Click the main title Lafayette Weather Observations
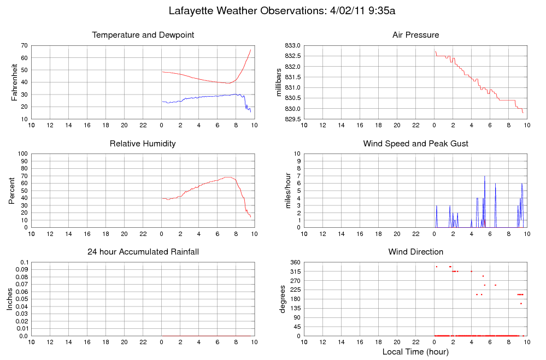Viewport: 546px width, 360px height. (x=281, y=11)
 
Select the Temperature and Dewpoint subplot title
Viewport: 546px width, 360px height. (x=143, y=35)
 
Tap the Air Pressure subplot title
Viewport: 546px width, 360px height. (x=415, y=35)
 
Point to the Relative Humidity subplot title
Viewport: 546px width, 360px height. (x=143, y=144)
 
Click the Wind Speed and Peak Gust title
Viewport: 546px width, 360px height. (x=415, y=144)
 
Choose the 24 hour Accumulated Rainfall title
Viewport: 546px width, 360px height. (x=143, y=252)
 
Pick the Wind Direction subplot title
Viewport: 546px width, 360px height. (x=415, y=252)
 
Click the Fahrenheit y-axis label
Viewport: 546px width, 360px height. (x=15, y=82)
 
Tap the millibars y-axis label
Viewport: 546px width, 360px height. (x=279, y=82)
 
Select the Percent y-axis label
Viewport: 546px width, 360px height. (x=12, y=191)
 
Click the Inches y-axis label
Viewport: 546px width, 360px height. (x=9, y=299)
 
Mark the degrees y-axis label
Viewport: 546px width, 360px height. (x=282, y=299)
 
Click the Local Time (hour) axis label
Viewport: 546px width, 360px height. (x=415, y=352)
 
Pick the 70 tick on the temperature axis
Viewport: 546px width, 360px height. (x=25, y=45)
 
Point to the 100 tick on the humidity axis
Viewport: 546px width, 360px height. (x=23, y=154)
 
